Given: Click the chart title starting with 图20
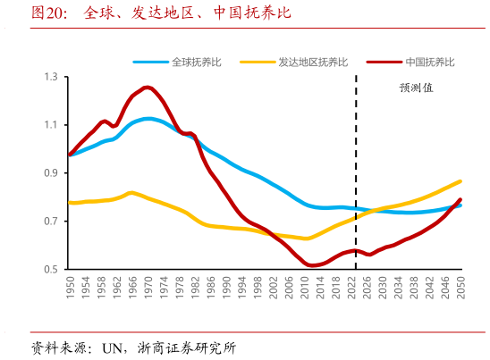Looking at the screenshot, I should tap(161, 13).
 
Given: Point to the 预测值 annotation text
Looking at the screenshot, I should tap(416, 88).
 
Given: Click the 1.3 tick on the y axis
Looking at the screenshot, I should tap(51, 78).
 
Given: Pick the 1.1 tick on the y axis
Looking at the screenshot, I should tap(51, 125).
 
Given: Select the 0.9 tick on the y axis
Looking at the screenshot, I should tap(51, 173).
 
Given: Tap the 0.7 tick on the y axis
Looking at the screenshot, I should tap(51, 222).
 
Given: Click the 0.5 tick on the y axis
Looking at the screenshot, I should tap(51, 269).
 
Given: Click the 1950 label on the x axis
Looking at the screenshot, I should tap(71, 288).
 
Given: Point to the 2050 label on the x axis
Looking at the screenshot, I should tap(460, 288).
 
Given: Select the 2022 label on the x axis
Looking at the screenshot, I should tap(351, 288).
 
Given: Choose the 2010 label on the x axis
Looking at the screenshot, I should tap(305, 288).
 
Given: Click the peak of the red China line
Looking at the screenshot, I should tap(148, 87).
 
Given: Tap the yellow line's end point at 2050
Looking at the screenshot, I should tap(460, 181).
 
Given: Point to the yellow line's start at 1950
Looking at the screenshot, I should tap(70, 203).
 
